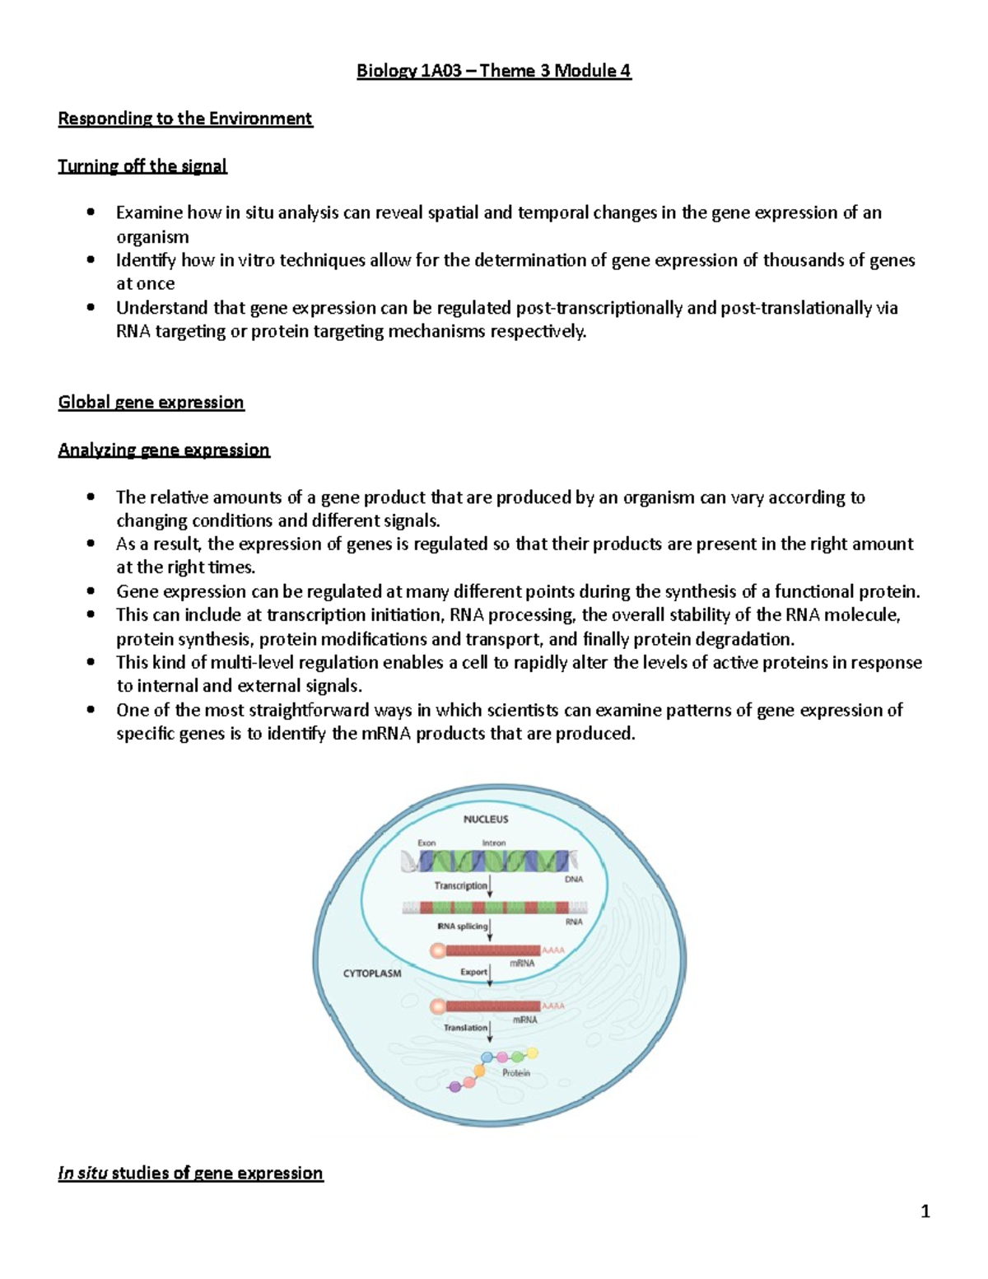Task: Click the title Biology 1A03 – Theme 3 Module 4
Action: pyautogui.click(x=493, y=71)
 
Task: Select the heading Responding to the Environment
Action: pyautogui.click(x=185, y=119)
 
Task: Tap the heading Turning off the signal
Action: pyautogui.click(x=142, y=166)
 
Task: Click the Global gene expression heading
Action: pyautogui.click(x=151, y=403)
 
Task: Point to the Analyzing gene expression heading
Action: pyautogui.click(x=164, y=450)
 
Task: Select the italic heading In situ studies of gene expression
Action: pyautogui.click(x=190, y=1173)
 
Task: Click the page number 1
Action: pyautogui.click(x=925, y=1211)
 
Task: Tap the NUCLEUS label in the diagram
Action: pyautogui.click(x=486, y=819)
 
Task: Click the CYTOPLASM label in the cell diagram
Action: pyautogui.click(x=372, y=973)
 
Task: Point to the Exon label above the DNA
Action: pyautogui.click(x=426, y=843)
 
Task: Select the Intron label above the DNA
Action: pyautogui.click(x=494, y=843)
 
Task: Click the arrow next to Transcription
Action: pyautogui.click(x=491, y=886)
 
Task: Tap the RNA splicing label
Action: pyautogui.click(x=462, y=927)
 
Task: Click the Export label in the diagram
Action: pyautogui.click(x=473, y=972)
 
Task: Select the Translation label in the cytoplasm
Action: pyautogui.click(x=465, y=1028)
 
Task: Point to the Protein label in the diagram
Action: pyautogui.click(x=516, y=1073)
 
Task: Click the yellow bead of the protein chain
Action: pyautogui.click(x=533, y=1053)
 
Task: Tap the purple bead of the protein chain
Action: pyautogui.click(x=454, y=1087)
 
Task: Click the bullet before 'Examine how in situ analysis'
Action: pyautogui.click(x=91, y=213)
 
